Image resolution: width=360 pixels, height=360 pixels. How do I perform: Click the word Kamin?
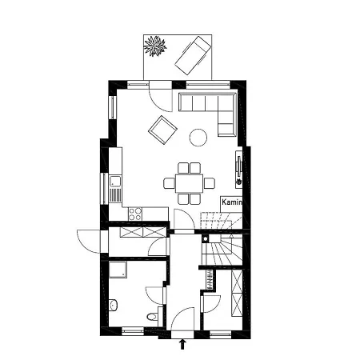[x=232, y=202]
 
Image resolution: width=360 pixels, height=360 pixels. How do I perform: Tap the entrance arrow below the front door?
[x=182, y=344]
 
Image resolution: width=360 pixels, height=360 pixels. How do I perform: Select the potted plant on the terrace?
[x=155, y=46]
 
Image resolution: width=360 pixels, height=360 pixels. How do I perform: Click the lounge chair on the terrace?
[x=193, y=55]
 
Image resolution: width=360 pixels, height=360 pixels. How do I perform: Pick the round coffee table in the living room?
[x=198, y=138]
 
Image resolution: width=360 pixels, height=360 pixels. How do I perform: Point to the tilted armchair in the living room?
[x=162, y=130]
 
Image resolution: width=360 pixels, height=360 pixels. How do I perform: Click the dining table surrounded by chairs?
[x=189, y=183]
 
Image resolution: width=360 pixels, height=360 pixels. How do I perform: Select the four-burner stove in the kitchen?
[x=135, y=214]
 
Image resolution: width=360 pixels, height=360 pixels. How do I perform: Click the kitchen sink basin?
[x=115, y=181]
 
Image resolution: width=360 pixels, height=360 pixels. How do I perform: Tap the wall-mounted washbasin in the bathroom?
[x=113, y=306]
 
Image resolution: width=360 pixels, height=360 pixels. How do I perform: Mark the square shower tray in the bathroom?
[x=118, y=270]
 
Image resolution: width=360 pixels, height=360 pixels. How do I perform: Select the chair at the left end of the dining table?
[x=170, y=183]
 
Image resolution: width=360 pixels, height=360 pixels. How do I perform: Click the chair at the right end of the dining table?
[x=210, y=183]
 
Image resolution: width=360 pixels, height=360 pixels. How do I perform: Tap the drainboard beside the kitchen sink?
[x=115, y=195]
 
